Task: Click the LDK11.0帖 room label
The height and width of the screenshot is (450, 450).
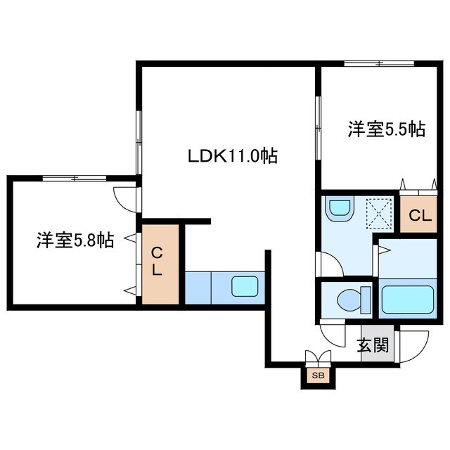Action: (231, 156)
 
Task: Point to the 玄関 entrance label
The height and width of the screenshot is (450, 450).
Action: (372, 345)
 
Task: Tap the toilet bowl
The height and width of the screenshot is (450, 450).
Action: (349, 300)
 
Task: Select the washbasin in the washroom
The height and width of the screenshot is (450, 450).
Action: (340, 208)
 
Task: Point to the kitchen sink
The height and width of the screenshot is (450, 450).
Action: (245, 287)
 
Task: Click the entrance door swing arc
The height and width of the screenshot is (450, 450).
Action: (418, 345)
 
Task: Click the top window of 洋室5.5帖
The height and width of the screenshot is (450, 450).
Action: (379, 65)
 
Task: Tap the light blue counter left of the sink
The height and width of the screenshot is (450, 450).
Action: (198, 287)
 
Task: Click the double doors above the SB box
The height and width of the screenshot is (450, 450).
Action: (319, 357)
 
